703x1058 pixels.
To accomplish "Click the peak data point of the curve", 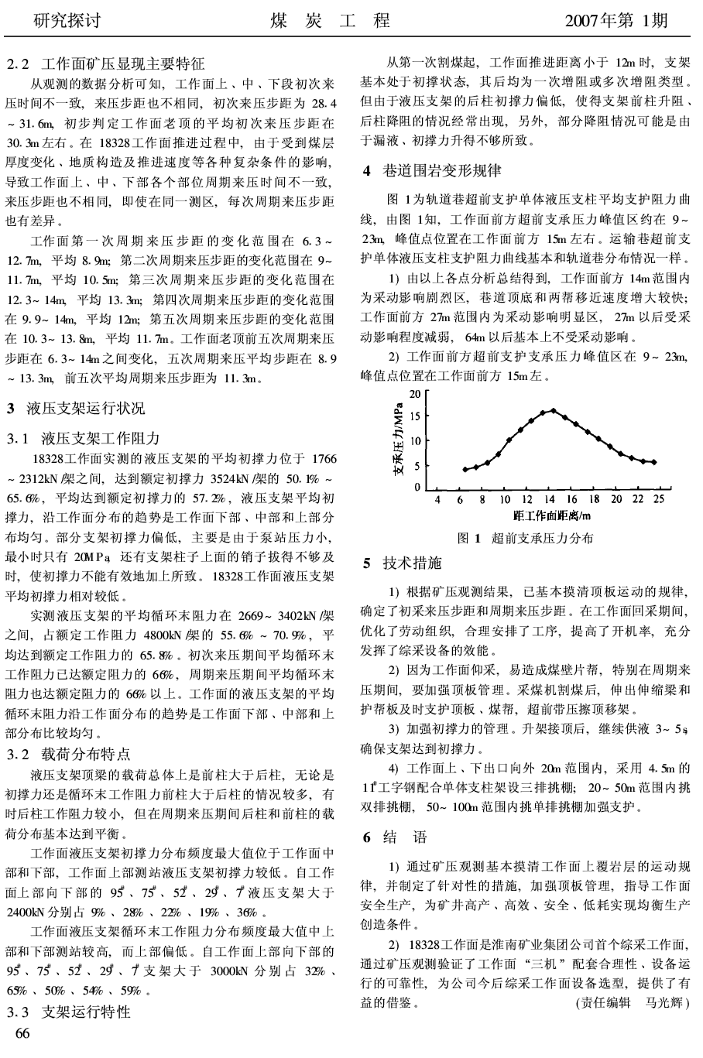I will coord(553,411).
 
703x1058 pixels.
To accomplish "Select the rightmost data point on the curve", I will coord(654,462).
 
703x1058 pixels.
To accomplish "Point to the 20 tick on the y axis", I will coord(415,394).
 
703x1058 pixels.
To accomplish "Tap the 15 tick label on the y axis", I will coord(415,416).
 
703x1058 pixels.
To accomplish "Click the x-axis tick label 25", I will coord(658,499).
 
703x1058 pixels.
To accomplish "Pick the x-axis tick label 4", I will coord(437,499).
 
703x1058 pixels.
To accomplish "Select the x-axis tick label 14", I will coord(550,499).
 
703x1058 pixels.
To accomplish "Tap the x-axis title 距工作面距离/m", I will coord(552,515).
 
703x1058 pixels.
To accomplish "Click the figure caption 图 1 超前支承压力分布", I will coord(525,538).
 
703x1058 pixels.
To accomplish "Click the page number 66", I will coord(22,1033).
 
